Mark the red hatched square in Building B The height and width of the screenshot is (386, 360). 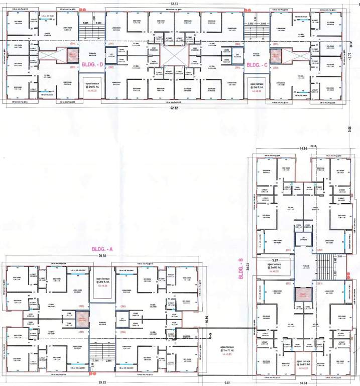click(x=303, y=297)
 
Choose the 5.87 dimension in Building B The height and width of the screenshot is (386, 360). click(x=275, y=260)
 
